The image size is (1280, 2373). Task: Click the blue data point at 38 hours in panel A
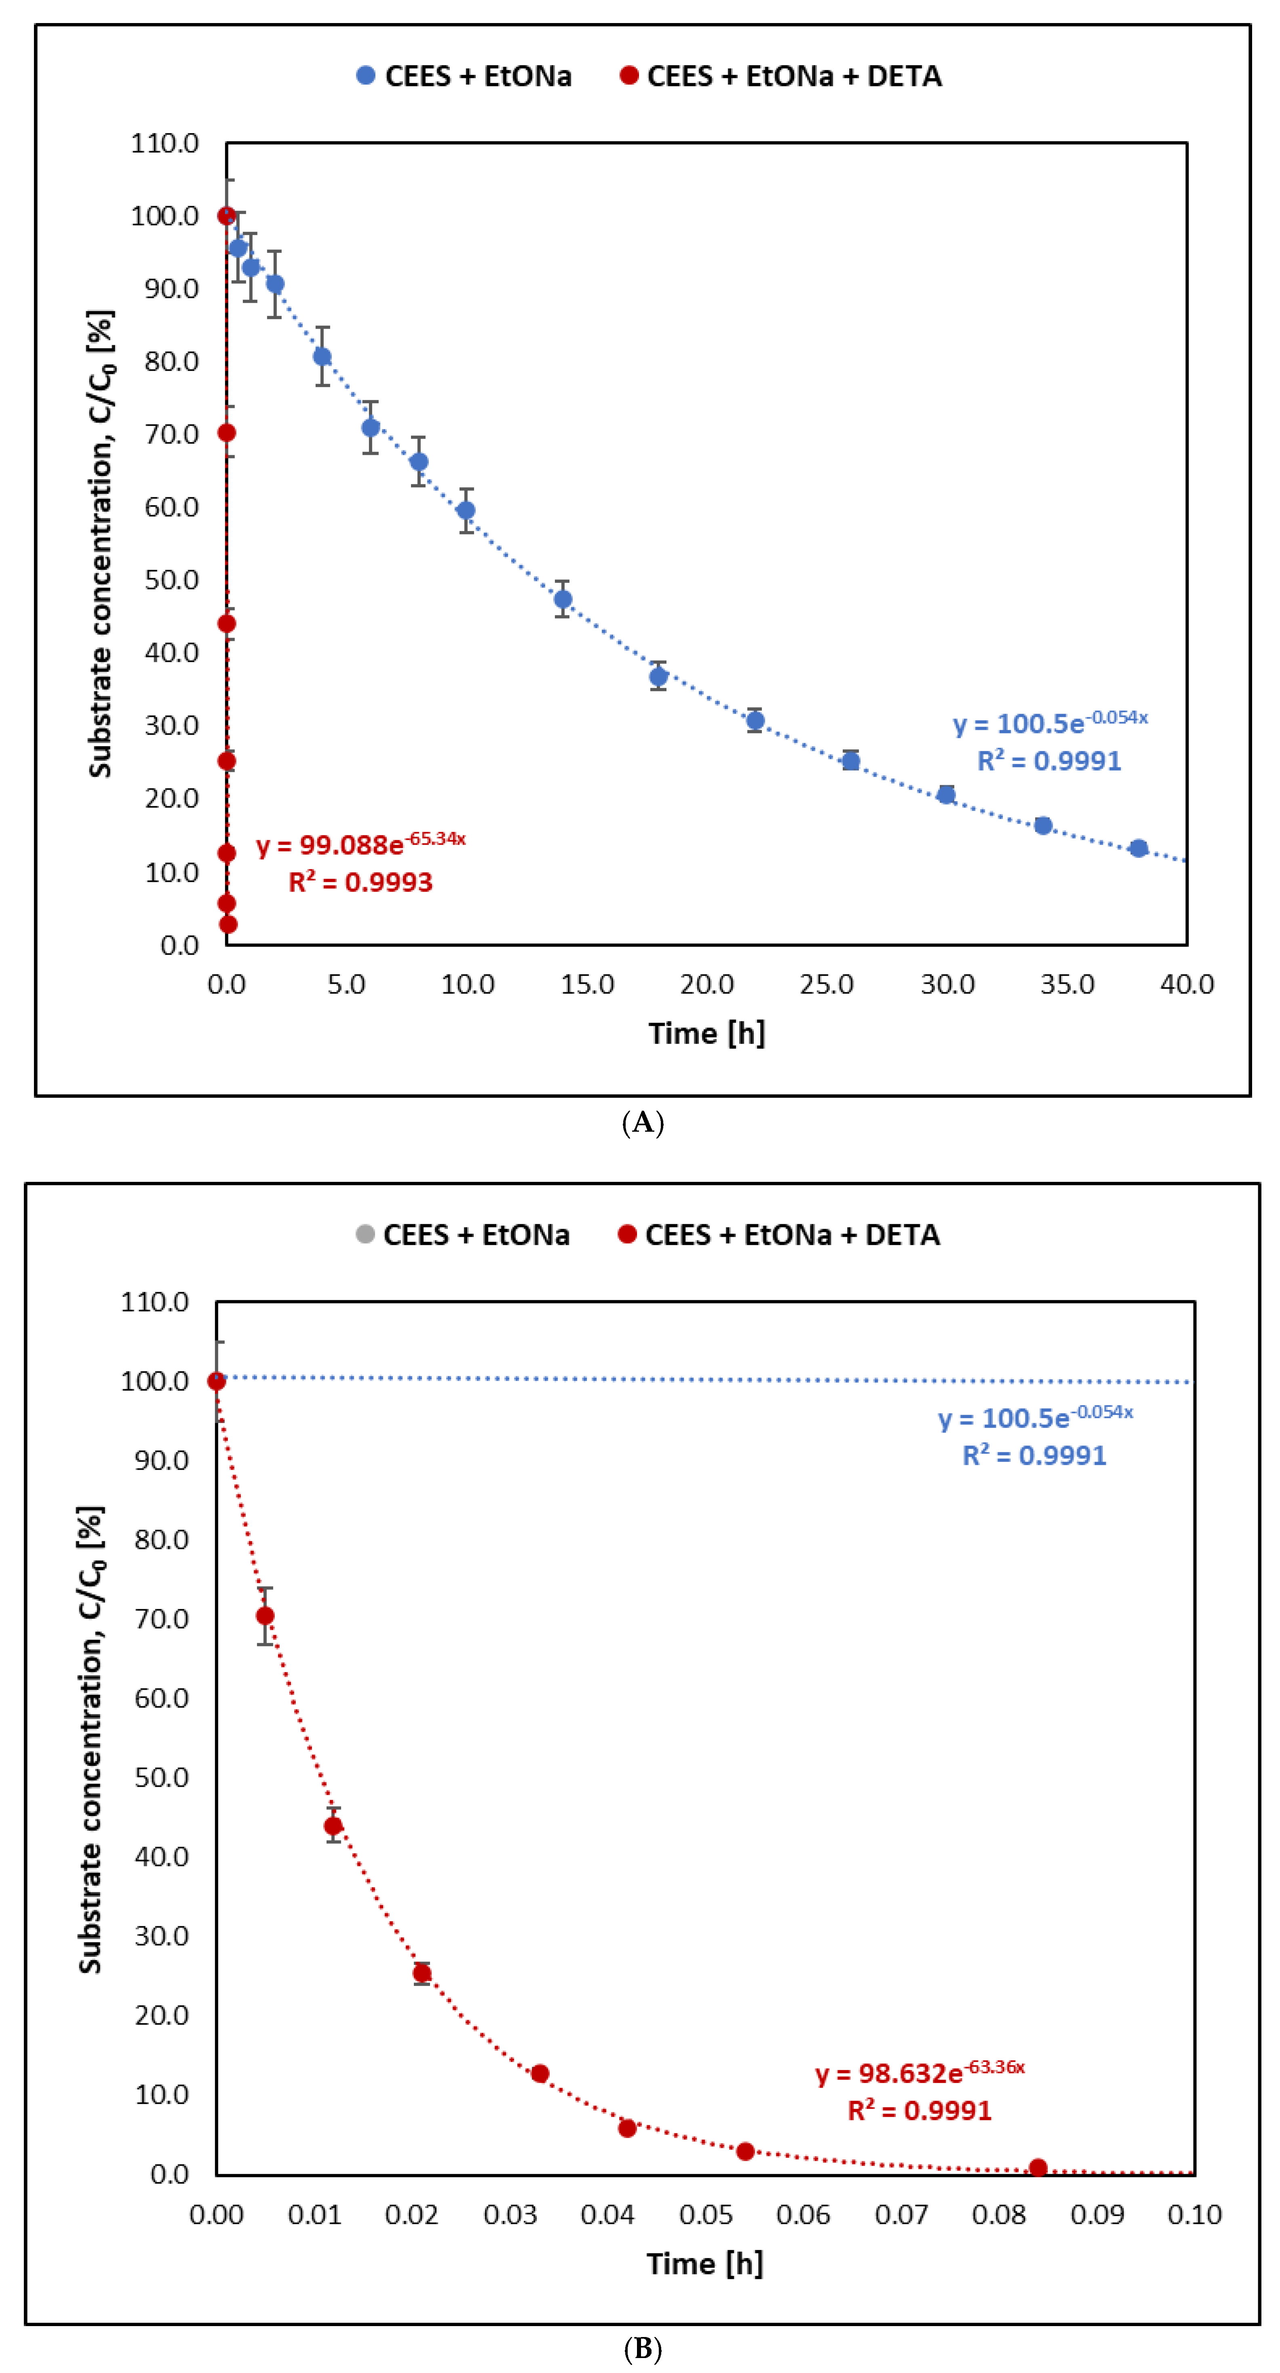tap(1138, 847)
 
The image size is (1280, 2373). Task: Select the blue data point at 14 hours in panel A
tap(563, 599)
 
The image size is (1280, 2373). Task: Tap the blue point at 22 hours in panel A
tap(755, 721)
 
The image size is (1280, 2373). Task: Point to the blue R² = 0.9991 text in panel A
tap(1049, 761)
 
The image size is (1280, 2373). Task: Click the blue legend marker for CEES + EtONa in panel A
tap(366, 76)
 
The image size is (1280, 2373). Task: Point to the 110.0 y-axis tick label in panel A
tap(165, 143)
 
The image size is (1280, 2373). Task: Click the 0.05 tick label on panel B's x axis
tap(705, 2215)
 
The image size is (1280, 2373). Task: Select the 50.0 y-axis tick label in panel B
tap(161, 1777)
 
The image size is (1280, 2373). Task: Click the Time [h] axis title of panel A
tap(706, 1033)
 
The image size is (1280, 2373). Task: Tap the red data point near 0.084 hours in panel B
tap(1038, 2168)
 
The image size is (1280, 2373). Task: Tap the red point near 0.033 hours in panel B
tap(540, 2073)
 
